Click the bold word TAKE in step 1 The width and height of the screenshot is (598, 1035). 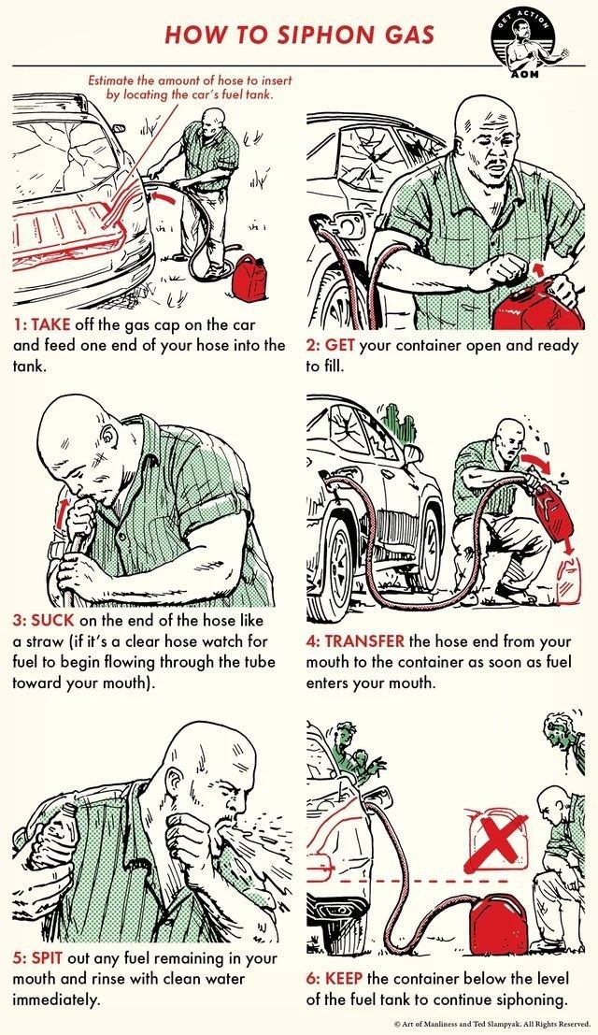pos(46,325)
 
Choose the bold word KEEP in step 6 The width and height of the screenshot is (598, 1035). pos(344,978)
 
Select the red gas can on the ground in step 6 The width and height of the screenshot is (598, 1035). pos(498,924)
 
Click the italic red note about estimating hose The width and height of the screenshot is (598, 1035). pos(190,87)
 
